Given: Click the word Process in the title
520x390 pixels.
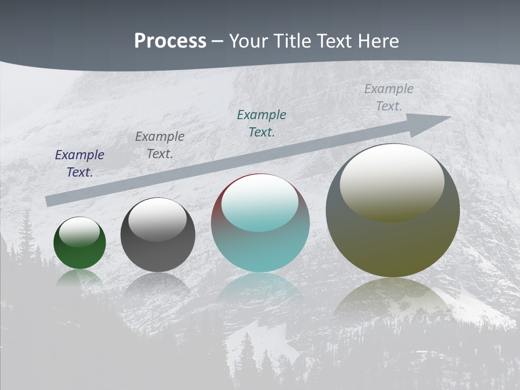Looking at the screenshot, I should click(x=170, y=41).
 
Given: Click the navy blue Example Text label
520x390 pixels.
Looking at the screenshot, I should click(x=80, y=164).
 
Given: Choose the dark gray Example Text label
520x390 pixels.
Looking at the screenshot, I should click(x=160, y=145).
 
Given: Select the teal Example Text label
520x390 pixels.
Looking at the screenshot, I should click(x=262, y=123).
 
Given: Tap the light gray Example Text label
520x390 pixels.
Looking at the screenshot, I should click(x=389, y=97).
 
